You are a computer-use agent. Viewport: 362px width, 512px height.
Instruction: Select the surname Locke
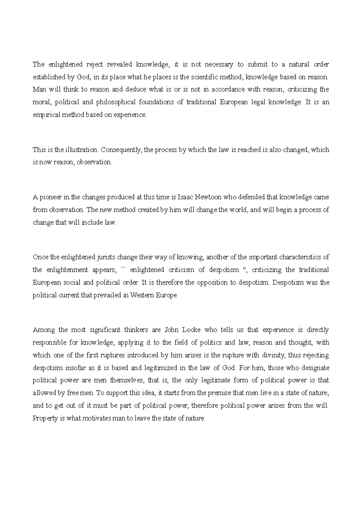coord(192,330)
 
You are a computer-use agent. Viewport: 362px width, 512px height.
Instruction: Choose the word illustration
coord(81,150)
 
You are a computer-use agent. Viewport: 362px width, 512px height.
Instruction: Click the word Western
coord(142,296)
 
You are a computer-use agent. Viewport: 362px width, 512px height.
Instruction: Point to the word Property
coord(45,419)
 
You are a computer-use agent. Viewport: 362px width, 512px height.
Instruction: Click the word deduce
coord(135,90)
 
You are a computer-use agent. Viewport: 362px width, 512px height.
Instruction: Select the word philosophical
coord(116,102)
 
